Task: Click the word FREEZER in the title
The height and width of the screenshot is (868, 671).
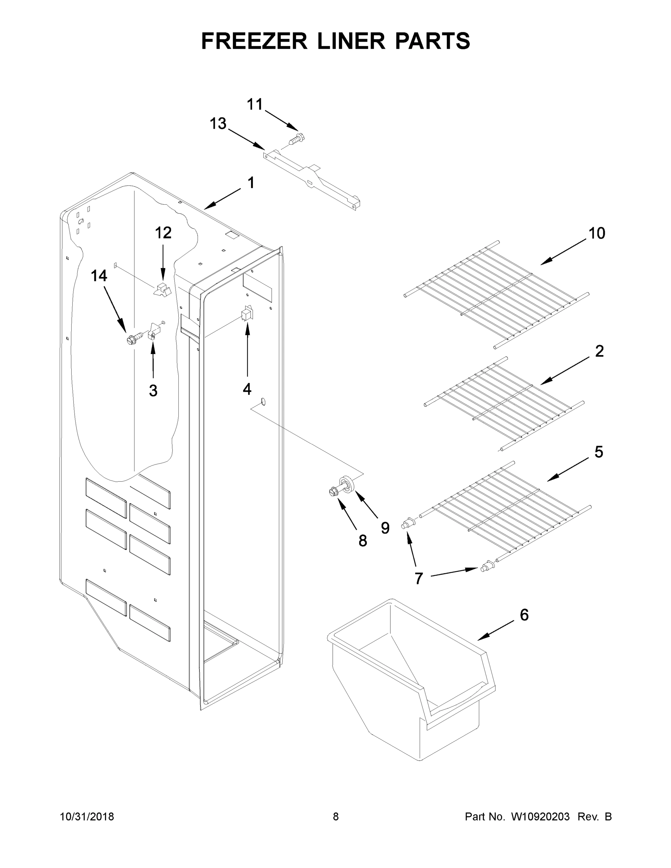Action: pos(254,41)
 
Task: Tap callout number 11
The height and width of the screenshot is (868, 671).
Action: pos(255,105)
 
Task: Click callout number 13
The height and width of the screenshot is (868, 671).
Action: pos(218,124)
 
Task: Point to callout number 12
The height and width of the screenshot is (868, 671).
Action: pos(163,233)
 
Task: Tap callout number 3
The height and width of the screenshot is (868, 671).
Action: pos(153,391)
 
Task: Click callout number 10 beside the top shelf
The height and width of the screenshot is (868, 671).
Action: pos(596,233)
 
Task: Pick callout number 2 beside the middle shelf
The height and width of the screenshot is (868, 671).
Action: pos(599,351)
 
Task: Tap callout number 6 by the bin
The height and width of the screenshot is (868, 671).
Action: pos(524,615)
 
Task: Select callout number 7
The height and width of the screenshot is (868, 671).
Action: pos(419,579)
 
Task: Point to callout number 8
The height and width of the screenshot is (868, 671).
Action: pos(362,541)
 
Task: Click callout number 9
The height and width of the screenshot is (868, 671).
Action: pos(385,528)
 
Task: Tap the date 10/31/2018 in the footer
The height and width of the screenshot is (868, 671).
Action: pos(87,817)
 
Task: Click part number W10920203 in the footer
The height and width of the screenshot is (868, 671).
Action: pos(540,817)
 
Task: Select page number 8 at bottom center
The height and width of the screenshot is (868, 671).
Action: pos(336,817)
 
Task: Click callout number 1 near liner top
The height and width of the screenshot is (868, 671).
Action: pos(251,183)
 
